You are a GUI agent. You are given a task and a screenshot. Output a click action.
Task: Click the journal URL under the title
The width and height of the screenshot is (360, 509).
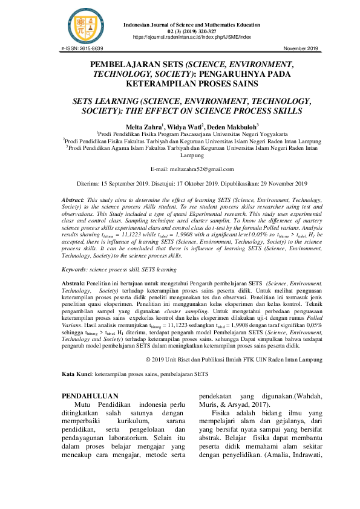click(192, 37)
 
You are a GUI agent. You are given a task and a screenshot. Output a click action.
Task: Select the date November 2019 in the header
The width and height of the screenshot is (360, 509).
click(301, 48)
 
